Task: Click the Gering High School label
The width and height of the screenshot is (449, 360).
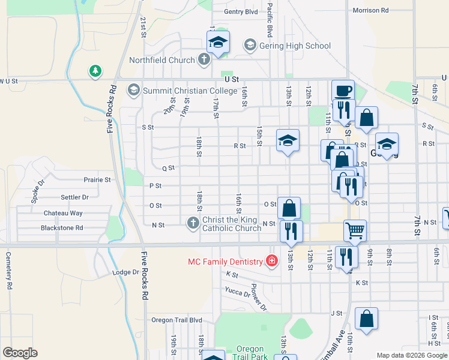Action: point(295,46)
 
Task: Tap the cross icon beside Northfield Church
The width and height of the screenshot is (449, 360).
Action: point(204,60)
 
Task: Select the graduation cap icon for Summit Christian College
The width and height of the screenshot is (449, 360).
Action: point(133,91)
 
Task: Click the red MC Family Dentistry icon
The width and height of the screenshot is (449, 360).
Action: point(272,262)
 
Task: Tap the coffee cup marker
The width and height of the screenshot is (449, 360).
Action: point(343,91)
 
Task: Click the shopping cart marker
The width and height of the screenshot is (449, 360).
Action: point(355,230)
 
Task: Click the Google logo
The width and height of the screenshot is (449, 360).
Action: point(20,353)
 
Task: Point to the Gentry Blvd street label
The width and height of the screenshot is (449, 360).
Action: point(240,11)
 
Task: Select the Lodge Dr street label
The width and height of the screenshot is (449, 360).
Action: point(125,272)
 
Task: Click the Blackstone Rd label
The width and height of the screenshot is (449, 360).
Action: point(62,228)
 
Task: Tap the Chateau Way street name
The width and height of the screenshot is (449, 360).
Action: point(63,213)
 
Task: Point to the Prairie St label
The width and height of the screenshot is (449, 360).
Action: point(97,179)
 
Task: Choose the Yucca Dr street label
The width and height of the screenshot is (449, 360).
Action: point(238,294)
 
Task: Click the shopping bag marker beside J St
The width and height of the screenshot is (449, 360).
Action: point(366,319)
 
